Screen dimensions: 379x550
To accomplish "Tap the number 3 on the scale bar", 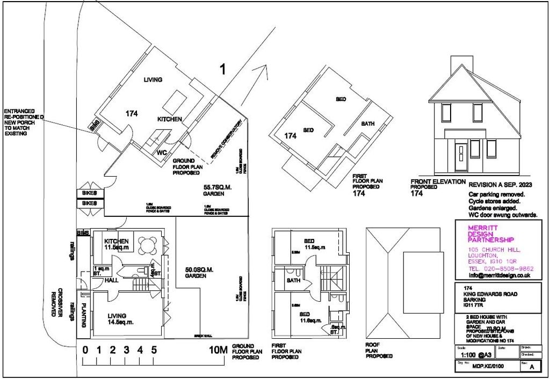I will click(x=127, y=351).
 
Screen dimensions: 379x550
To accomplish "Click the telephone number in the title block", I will click(x=500, y=268).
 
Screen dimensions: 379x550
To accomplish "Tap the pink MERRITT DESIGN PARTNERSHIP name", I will click(x=491, y=234).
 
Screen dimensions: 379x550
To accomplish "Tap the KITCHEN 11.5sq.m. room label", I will click(x=118, y=244).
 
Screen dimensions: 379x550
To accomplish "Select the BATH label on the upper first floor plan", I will click(x=368, y=124).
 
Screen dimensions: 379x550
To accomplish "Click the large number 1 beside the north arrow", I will click(x=222, y=69).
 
